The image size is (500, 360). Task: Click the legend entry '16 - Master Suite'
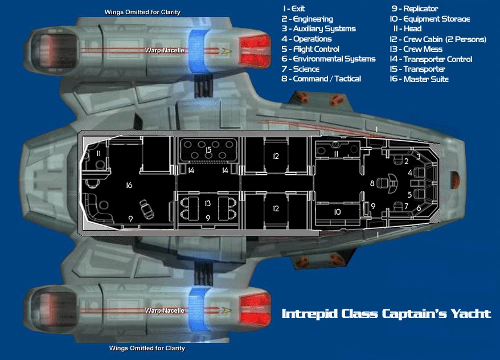click(x=419, y=79)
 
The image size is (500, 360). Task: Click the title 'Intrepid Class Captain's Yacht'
click(x=386, y=313)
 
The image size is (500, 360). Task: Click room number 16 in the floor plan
click(x=129, y=185)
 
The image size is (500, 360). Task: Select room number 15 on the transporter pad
click(x=208, y=150)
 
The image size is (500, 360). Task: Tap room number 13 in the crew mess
click(x=208, y=203)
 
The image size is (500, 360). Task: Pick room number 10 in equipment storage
click(x=337, y=212)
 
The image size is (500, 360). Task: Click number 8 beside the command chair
click(x=372, y=183)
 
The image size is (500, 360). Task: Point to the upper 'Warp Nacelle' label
click(x=165, y=51)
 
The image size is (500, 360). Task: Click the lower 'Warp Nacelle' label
click(x=165, y=310)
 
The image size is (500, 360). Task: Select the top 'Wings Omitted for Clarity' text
click(x=142, y=12)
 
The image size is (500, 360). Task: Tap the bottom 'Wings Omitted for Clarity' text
click(x=147, y=347)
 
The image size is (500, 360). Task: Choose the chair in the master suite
click(x=147, y=209)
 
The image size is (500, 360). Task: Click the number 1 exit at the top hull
click(x=376, y=130)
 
